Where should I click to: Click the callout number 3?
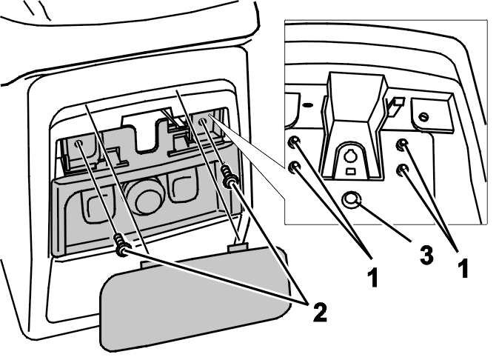[x=426, y=255]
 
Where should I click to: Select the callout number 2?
[x=320, y=312]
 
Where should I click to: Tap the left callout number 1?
[x=372, y=277]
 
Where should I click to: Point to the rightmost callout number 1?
[x=463, y=267]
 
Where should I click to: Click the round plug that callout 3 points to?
[x=351, y=200]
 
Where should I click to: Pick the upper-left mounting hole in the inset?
[x=294, y=141]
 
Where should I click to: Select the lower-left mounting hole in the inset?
[x=294, y=167]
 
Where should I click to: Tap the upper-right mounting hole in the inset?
[x=403, y=144]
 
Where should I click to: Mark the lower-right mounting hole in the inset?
[x=403, y=170]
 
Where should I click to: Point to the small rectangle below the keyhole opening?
[x=351, y=172]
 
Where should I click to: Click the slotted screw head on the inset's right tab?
[x=423, y=117]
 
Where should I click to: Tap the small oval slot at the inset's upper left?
[x=308, y=104]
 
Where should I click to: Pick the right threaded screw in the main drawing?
[x=228, y=176]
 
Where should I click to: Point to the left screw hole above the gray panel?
[x=78, y=144]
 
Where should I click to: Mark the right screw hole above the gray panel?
[x=202, y=122]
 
